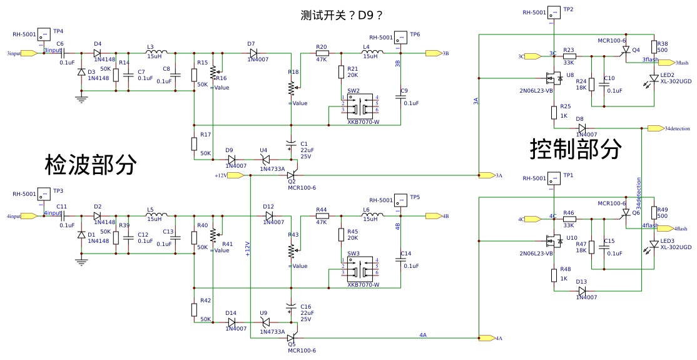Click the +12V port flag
pos(236,175)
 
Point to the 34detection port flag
pos(656,128)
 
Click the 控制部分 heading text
pos(576,149)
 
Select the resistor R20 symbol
pos(322,53)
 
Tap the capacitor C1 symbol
pos(290,145)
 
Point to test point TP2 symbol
pos(554,12)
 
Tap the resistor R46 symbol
pos(569,219)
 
